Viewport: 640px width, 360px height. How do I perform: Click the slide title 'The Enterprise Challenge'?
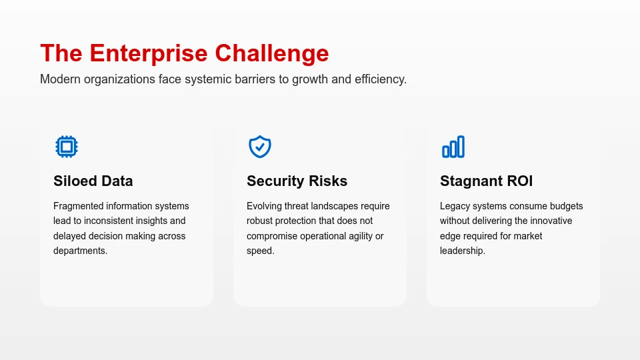[x=184, y=53]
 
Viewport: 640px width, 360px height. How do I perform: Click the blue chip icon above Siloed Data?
[x=67, y=147]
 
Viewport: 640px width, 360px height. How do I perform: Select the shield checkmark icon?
[x=260, y=147]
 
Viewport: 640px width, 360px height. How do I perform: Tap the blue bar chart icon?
[x=453, y=147]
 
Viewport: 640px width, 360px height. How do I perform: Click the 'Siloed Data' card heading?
[x=93, y=181]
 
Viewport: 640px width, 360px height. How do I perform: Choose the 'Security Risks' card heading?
[x=297, y=181]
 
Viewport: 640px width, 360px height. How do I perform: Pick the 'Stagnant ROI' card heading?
[x=486, y=181]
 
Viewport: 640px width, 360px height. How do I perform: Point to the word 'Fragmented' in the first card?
[x=78, y=206]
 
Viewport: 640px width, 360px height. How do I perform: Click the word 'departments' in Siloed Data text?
[x=79, y=251]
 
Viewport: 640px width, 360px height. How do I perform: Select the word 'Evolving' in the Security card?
[x=265, y=206]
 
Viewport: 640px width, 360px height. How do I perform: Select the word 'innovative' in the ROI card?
[x=550, y=221]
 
